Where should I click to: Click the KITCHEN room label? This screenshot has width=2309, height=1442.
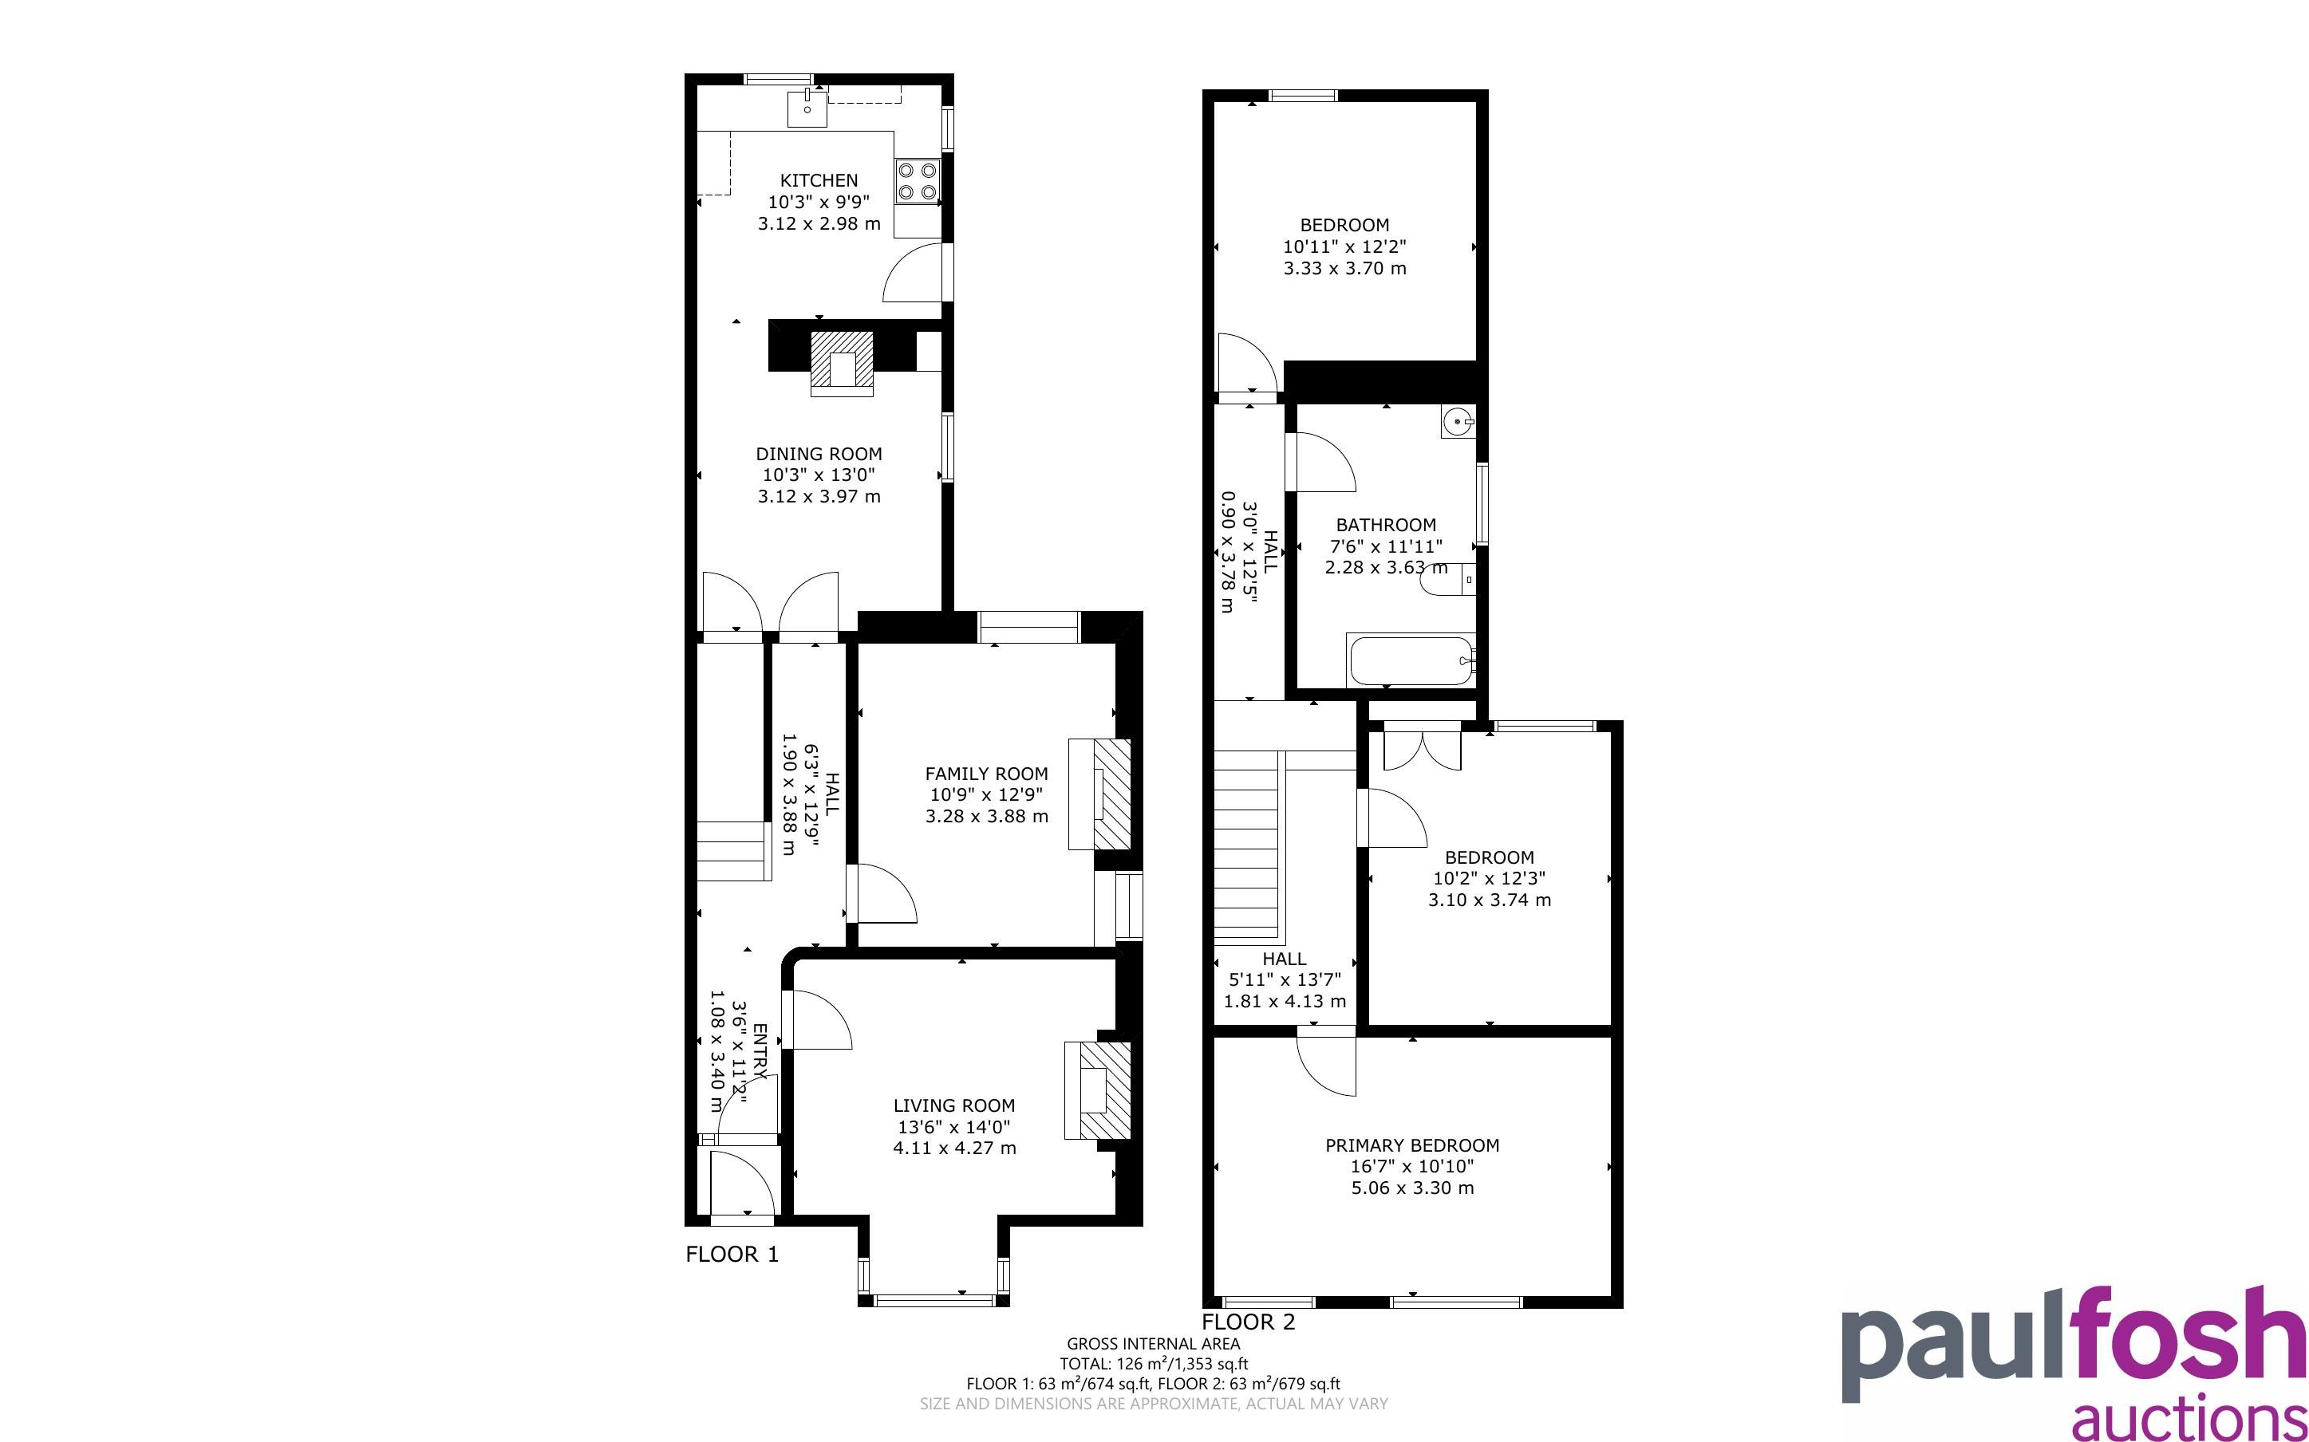tap(819, 180)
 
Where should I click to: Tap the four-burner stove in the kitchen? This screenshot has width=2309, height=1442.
tap(917, 181)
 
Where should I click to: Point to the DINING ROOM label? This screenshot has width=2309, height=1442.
tap(819, 454)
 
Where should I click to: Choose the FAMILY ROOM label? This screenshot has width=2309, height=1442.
tap(986, 774)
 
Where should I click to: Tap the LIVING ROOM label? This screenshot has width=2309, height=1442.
tap(953, 1105)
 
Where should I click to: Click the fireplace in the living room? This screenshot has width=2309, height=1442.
tap(1098, 1090)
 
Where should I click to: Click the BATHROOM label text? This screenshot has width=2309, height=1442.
tap(1386, 525)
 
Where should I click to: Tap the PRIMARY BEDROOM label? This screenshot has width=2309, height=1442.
tap(1411, 1145)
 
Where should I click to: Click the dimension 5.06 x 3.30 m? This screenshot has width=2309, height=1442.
tap(1411, 1188)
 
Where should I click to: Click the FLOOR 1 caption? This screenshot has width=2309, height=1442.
tap(732, 1254)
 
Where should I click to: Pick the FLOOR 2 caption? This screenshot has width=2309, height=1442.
tap(1249, 1322)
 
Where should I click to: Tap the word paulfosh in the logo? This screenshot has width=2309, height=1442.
tap(2073, 1345)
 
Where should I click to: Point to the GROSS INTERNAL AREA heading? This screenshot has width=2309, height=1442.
tap(1153, 1344)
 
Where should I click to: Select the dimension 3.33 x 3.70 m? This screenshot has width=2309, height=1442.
tap(1344, 268)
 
